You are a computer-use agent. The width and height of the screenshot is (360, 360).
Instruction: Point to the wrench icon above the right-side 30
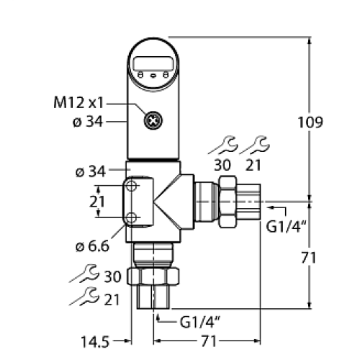(x=220, y=146)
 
